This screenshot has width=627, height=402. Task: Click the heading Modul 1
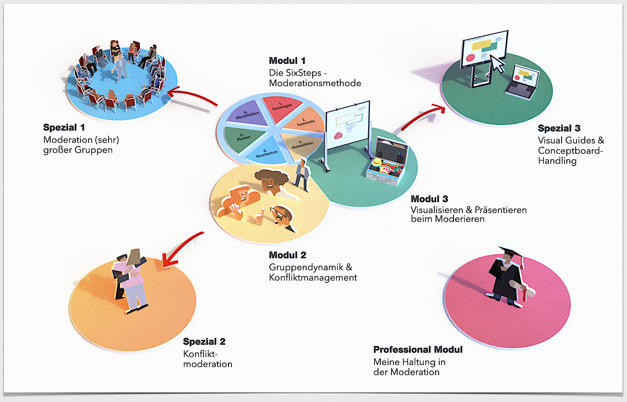coord(287,61)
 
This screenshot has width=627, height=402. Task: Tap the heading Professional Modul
coord(418,349)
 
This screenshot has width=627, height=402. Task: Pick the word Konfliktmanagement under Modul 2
coord(313,278)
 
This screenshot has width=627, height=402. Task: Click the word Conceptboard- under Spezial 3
coord(570,151)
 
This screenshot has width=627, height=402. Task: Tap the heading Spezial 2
coord(204,342)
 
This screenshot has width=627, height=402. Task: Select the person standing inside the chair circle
coord(120,67)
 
